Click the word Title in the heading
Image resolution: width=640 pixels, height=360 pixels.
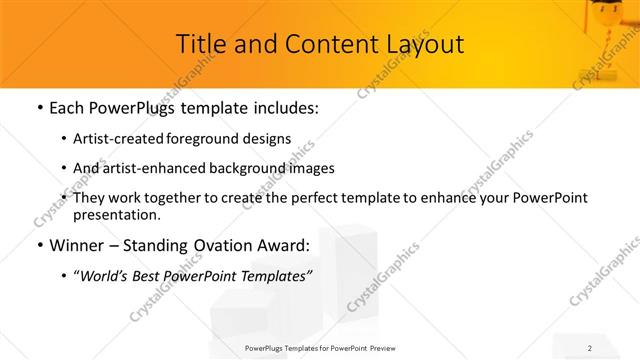[x=201, y=45]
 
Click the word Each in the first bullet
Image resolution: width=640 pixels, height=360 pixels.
[x=67, y=106]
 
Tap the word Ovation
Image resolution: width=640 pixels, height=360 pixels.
[x=230, y=246]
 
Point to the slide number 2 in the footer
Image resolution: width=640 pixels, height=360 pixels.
[x=590, y=349]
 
